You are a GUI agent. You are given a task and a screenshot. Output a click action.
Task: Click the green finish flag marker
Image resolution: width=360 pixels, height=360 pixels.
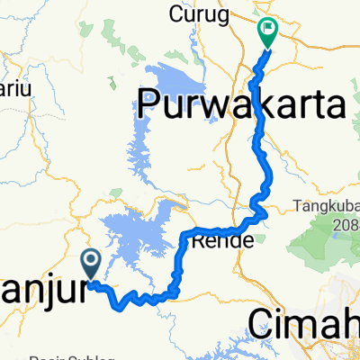(x=267, y=31)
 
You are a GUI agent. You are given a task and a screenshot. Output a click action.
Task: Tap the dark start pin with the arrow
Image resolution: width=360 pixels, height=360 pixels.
(x=92, y=262)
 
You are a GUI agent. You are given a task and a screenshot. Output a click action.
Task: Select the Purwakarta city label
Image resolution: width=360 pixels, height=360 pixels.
(x=241, y=104)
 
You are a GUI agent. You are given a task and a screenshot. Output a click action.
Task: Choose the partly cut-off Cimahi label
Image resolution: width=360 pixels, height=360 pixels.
(x=302, y=321)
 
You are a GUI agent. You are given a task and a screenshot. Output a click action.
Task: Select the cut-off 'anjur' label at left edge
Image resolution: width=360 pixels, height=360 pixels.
(x=45, y=292)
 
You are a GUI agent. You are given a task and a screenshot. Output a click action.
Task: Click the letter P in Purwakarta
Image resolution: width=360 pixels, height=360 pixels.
(x=148, y=104)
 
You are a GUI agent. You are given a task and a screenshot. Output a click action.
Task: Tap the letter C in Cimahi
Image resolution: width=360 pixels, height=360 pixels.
(x=259, y=321)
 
